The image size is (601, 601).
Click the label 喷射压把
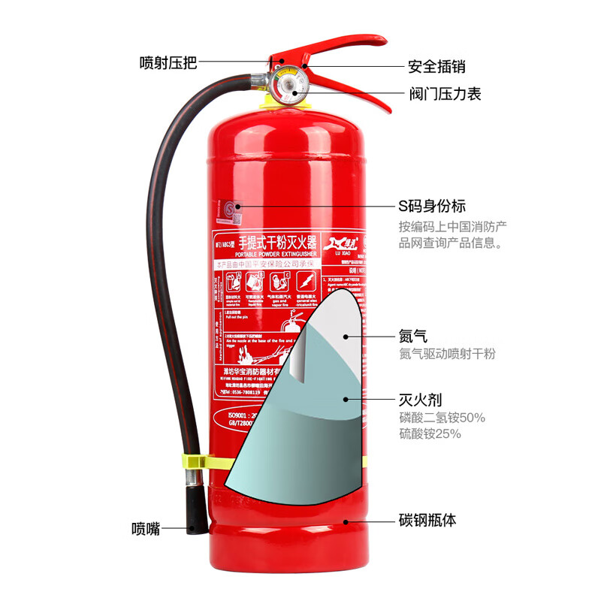pyautogui.click(x=168, y=63)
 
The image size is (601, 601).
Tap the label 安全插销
pyautogui.click(x=436, y=67)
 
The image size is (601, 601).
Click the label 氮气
pyautogui.click(x=413, y=336)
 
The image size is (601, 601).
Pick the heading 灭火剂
pyautogui.click(x=418, y=400)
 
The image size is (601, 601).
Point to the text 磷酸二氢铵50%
pyautogui.click(x=442, y=417)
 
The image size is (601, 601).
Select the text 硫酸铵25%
pyautogui.click(x=430, y=434)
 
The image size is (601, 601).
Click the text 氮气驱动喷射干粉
pyautogui.click(x=447, y=354)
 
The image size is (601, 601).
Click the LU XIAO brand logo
pyautogui.click(x=343, y=245)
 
